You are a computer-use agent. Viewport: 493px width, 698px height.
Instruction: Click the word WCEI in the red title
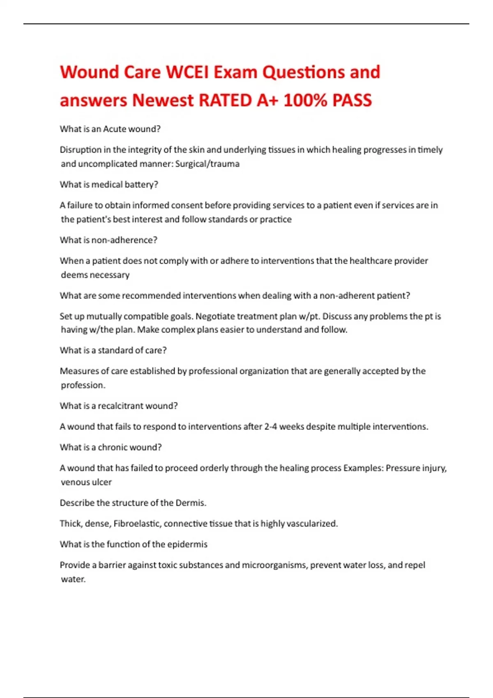tap(187, 72)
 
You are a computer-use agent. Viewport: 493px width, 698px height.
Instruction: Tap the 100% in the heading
tap(305, 100)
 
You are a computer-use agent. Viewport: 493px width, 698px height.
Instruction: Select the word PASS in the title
tap(352, 100)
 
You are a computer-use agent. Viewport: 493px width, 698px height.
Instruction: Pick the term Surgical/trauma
tap(207, 164)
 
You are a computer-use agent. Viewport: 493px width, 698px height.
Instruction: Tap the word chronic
tap(112, 447)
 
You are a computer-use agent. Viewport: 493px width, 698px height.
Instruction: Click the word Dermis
tap(191, 503)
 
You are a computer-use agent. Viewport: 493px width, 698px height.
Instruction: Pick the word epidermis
tap(187, 544)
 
